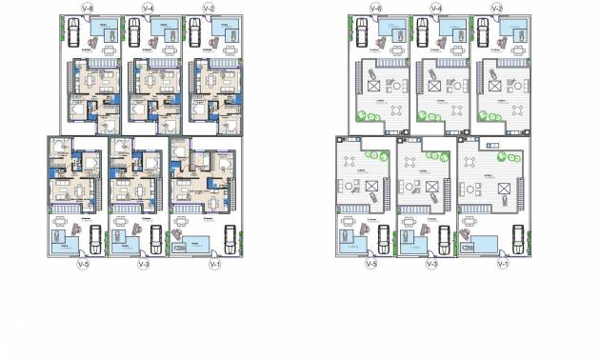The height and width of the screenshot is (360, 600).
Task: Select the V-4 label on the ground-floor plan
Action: [x=148, y=9]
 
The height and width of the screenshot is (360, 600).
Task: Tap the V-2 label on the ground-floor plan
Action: [x=209, y=9]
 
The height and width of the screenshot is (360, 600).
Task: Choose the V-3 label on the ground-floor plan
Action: [x=145, y=264]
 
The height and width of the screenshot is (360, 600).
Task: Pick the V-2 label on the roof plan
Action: [x=496, y=9]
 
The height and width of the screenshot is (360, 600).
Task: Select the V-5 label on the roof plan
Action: [x=370, y=264]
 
